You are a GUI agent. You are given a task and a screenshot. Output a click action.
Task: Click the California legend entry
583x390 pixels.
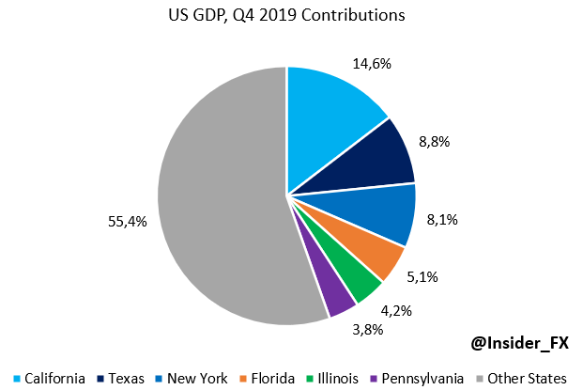pos(48,378)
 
